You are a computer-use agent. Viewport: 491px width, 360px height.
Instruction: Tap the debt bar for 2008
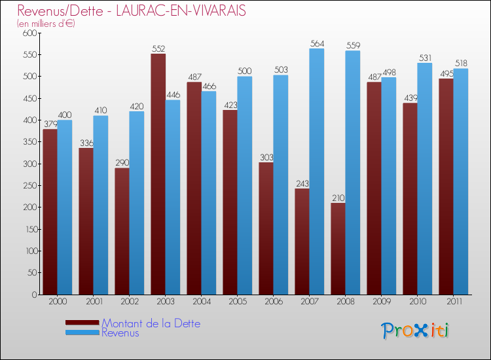(x=338, y=249)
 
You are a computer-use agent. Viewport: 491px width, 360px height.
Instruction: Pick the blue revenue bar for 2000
(x=65, y=207)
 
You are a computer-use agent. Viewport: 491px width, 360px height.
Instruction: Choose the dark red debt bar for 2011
(x=446, y=187)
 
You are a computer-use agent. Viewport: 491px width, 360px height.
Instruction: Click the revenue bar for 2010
(x=425, y=179)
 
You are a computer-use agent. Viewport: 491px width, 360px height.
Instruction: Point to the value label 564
(x=317, y=44)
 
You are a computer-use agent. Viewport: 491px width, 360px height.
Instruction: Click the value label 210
(x=338, y=198)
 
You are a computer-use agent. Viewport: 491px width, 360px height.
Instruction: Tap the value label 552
(x=158, y=49)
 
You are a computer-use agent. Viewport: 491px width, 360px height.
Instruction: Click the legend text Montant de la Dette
(x=151, y=323)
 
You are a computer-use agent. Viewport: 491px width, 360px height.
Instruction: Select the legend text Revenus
(x=120, y=333)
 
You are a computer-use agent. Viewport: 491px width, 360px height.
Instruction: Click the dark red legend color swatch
(x=82, y=323)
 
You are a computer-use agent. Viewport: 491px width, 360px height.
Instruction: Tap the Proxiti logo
(x=414, y=331)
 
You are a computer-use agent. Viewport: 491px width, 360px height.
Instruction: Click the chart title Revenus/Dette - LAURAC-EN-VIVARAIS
(x=132, y=11)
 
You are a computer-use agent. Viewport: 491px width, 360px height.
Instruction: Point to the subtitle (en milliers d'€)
(x=46, y=24)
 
